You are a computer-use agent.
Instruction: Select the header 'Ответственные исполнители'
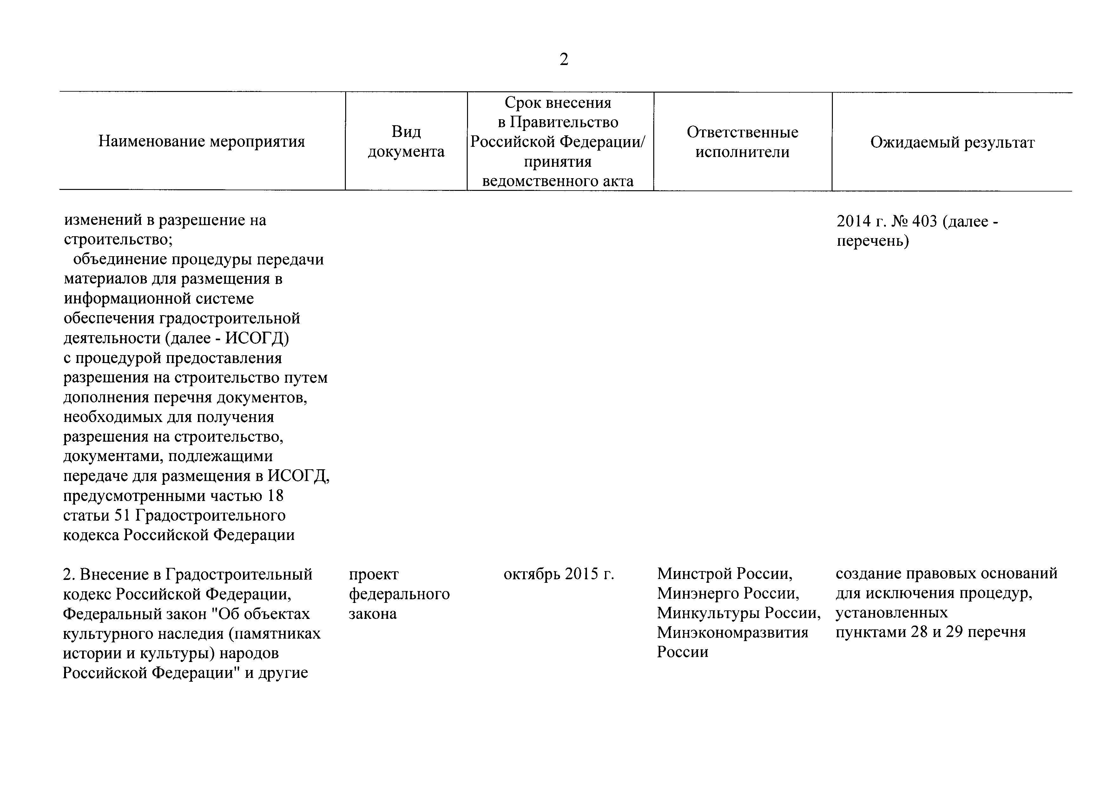click(x=742, y=142)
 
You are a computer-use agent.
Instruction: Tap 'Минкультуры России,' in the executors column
click(x=739, y=614)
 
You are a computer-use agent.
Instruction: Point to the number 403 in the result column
click(x=925, y=221)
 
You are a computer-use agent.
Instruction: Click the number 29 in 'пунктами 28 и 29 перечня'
click(x=953, y=633)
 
